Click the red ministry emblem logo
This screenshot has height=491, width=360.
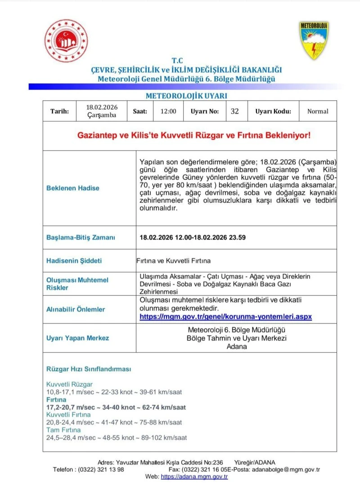click(x=67, y=41)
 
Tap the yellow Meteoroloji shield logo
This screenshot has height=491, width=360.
click(x=314, y=40)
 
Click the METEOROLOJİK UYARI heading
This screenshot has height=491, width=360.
click(x=186, y=96)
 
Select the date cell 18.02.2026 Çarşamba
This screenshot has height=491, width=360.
click(x=102, y=111)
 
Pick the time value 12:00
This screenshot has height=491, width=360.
click(x=168, y=112)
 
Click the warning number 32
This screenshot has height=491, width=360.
click(x=234, y=112)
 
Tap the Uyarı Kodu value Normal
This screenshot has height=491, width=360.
click(x=318, y=112)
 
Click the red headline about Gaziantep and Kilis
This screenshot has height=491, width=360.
click(x=194, y=134)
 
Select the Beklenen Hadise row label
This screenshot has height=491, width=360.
click(x=73, y=188)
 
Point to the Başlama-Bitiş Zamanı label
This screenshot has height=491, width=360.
click(x=81, y=237)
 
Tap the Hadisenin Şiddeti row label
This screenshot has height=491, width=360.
click(x=74, y=261)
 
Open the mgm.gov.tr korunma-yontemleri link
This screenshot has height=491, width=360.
click(x=225, y=317)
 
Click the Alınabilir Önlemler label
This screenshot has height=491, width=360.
click(x=76, y=309)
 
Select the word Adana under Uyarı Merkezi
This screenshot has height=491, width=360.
click(x=237, y=347)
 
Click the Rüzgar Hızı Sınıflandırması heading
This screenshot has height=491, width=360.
click(x=89, y=369)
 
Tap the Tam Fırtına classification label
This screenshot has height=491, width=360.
click(x=64, y=430)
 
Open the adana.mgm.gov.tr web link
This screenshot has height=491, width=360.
click(x=194, y=477)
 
